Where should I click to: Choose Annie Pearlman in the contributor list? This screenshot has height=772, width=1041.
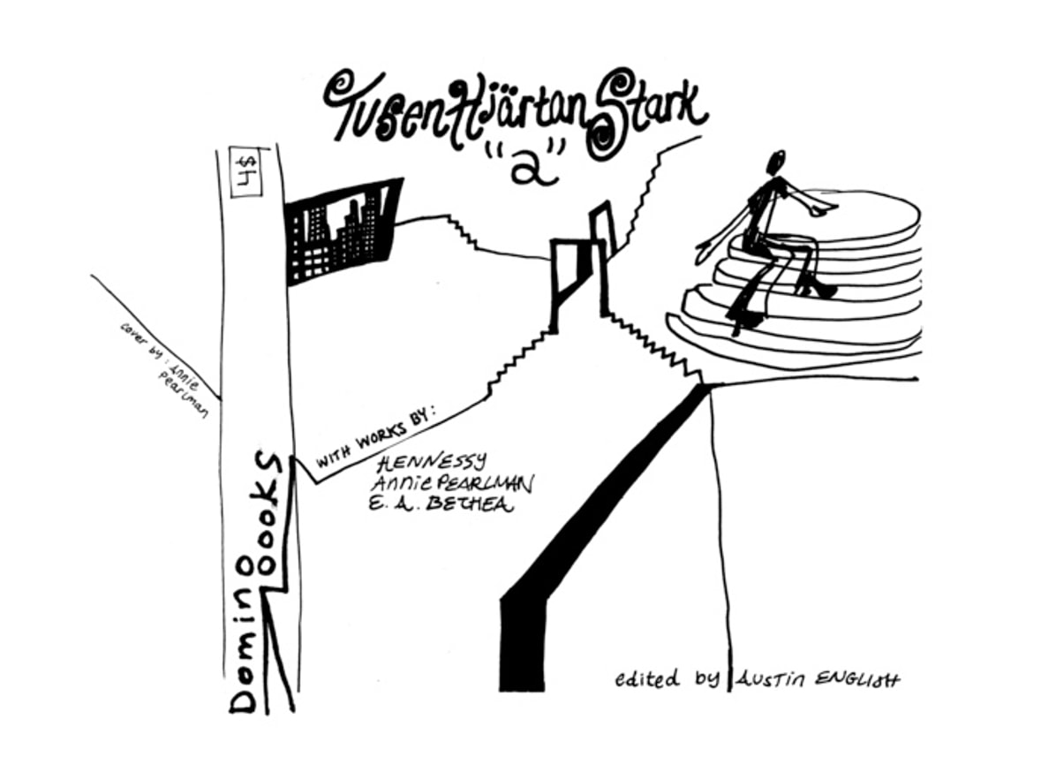pos(452,485)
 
